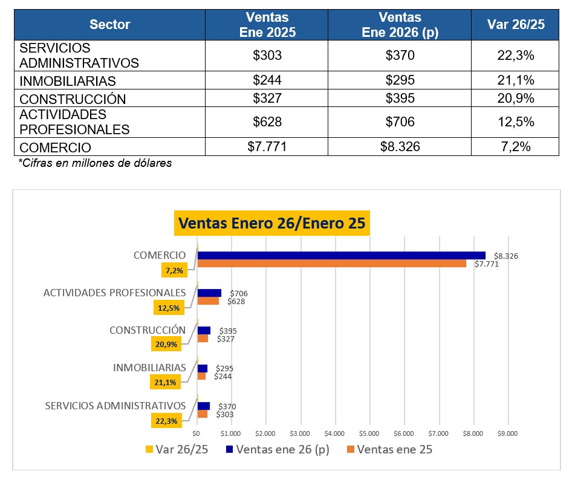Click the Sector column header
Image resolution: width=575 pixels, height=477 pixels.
[109, 25]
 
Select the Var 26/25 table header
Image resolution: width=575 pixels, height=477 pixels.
[515, 25]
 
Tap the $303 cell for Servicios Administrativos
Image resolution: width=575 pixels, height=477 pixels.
[267, 56]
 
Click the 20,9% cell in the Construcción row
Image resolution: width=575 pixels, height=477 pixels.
[515, 99]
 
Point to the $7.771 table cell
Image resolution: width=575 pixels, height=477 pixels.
[267, 147]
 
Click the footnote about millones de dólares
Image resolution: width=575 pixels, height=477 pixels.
[95, 163]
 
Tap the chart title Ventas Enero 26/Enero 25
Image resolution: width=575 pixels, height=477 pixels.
[270, 223]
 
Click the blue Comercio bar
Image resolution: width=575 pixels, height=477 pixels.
[341, 255]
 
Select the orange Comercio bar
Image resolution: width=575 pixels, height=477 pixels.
[331, 264]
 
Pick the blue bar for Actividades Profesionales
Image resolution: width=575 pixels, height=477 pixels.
[209, 293]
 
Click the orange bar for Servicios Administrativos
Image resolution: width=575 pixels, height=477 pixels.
[203, 414]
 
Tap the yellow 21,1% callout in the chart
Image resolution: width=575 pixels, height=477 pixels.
[165, 382]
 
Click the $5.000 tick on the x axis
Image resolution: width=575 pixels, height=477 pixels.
[369, 433]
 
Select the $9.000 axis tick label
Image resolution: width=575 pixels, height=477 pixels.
[507, 433]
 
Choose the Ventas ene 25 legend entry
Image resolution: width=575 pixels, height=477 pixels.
[389, 449]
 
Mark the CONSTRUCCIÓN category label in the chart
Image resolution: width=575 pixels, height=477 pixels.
[148, 330]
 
